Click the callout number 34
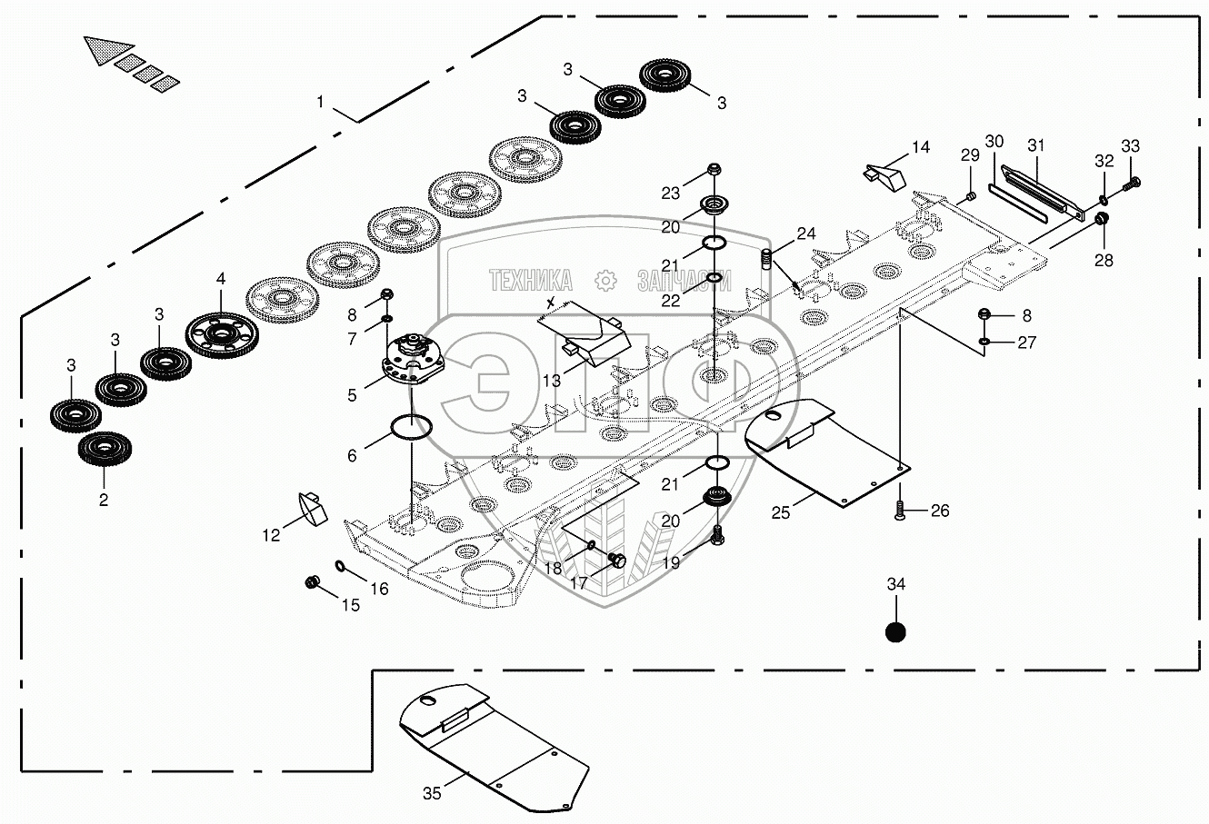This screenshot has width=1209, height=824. (895, 586)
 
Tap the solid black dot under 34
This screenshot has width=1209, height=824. (895, 631)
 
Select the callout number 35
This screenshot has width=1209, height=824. (432, 793)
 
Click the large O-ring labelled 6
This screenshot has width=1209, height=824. (410, 425)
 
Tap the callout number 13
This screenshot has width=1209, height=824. (553, 382)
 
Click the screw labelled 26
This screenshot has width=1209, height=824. (899, 511)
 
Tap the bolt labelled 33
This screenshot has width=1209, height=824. (1133, 182)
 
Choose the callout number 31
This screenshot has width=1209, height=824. (1036, 144)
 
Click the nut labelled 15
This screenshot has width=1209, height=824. (312, 581)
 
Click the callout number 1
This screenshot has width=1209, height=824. (320, 103)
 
